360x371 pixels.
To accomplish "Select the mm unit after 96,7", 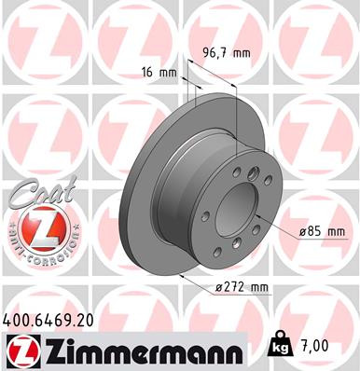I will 242,54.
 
